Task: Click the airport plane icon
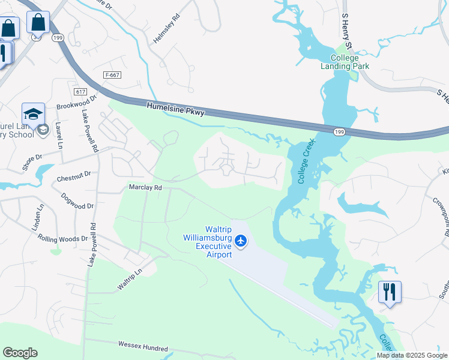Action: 241,241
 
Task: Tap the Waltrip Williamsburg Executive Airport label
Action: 207,242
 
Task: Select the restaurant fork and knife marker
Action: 390,292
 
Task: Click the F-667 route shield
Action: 112,75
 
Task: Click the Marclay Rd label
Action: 145,188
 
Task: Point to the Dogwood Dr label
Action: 77,201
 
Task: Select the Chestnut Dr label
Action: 73,175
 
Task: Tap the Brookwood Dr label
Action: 77,103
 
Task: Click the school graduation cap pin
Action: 34,113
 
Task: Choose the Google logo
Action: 20,353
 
